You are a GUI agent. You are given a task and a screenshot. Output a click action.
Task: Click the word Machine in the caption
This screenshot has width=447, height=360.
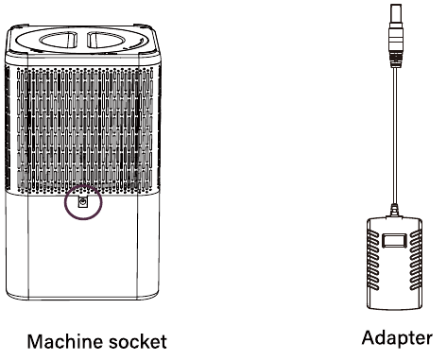pyautogui.click(x=64, y=342)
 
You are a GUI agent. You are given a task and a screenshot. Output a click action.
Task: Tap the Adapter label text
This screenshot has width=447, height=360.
pyautogui.click(x=397, y=339)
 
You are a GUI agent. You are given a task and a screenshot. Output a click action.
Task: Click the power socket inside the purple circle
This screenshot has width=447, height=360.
pyautogui.click(x=83, y=202)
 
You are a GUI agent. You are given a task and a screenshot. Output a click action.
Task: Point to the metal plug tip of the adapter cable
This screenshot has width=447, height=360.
pyautogui.click(x=396, y=13)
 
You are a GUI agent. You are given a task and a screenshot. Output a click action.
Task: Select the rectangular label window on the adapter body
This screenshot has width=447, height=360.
pyautogui.click(x=394, y=240)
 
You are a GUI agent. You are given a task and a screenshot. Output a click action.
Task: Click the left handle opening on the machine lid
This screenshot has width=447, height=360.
pyautogui.click(x=59, y=41)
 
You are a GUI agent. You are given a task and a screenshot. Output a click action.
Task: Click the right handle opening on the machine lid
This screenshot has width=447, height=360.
pyautogui.click(x=106, y=41)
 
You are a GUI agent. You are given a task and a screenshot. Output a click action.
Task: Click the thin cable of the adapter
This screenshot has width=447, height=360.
pyautogui.click(x=395, y=135)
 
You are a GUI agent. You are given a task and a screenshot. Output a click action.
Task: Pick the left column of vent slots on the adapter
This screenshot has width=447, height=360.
pyautogui.click(x=374, y=260)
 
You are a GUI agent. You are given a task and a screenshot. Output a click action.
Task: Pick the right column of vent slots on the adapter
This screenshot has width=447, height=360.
pyautogui.click(x=415, y=260)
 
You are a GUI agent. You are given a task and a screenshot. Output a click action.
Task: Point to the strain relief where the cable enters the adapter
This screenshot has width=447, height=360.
pyautogui.click(x=394, y=211)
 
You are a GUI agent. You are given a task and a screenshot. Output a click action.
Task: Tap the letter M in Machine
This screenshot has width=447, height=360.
pyautogui.click(x=35, y=341)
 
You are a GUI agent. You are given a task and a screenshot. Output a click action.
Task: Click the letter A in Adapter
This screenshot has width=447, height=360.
pyautogui.click(x=369, y=337)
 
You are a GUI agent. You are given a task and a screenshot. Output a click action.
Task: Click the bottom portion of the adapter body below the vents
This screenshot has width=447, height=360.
pyautogui.click(x=394, y=300)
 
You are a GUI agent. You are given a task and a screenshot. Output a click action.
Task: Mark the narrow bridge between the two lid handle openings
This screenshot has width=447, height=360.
pyautogui.click(x=82, y=41)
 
